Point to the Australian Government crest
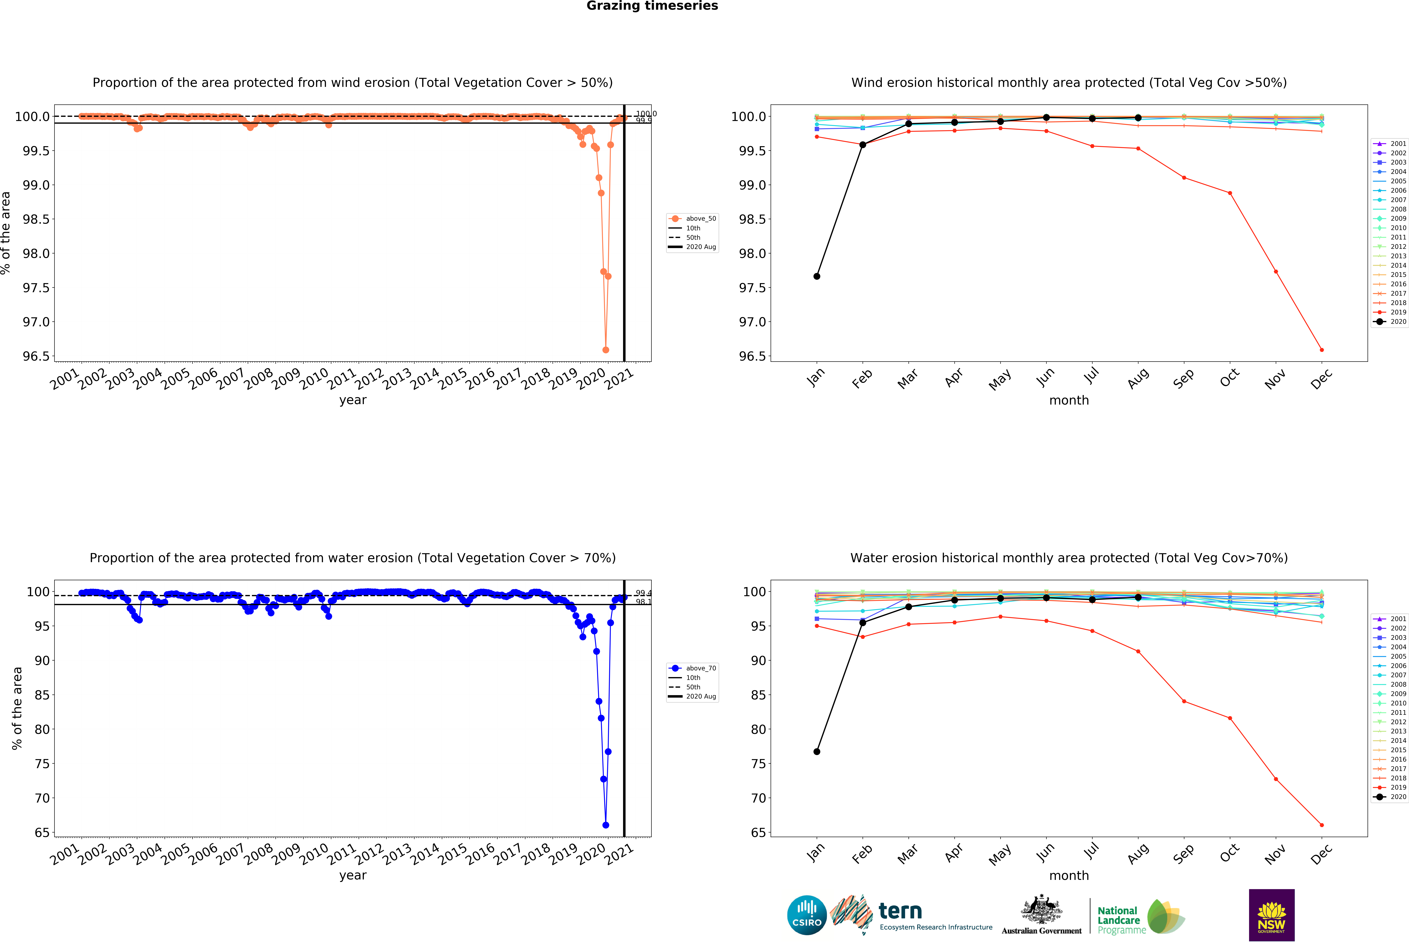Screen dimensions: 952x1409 1041,909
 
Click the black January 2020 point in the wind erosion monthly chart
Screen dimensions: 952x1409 817,276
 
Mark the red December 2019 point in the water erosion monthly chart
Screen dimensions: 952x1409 1322,825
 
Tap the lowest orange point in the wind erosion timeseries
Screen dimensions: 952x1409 606,350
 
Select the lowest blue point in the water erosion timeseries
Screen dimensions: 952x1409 606,825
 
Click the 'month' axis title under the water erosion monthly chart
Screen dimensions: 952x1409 1069,876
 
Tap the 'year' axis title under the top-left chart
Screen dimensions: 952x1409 353,400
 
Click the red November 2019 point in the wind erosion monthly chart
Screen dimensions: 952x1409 1276,271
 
